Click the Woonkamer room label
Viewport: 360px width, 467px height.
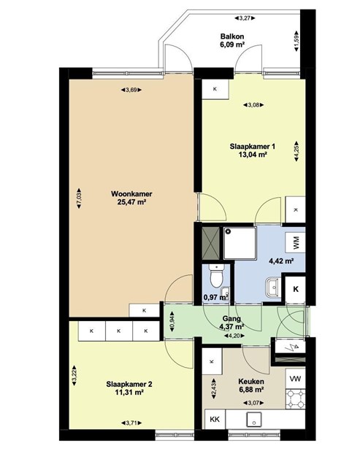point(131,194)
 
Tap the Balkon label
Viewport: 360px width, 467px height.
point(232,36)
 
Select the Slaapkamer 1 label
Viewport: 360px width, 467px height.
point(252,147)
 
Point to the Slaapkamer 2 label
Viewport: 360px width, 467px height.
point(129,385)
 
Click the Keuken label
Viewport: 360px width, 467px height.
point(251,382)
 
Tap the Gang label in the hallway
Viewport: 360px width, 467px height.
point(231,319)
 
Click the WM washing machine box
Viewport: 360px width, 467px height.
point(295,242)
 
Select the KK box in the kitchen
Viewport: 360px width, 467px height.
point(215,420)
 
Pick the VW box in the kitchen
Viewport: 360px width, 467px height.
point(295,379)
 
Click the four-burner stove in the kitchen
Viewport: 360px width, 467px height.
point(295,399)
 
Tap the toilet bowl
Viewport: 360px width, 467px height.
point(216,276)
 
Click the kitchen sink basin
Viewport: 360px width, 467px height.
point(253,420)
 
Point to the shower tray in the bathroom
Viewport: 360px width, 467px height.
point(240,243)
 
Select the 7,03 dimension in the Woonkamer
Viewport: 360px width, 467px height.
point(79,198)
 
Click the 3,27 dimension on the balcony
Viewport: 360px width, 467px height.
point(245,18)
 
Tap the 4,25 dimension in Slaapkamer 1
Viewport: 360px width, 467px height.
point(296,151)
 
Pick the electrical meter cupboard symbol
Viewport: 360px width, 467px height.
point(290,347)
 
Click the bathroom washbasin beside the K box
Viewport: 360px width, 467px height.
point(272,287)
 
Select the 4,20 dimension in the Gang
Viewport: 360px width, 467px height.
point(234,336)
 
